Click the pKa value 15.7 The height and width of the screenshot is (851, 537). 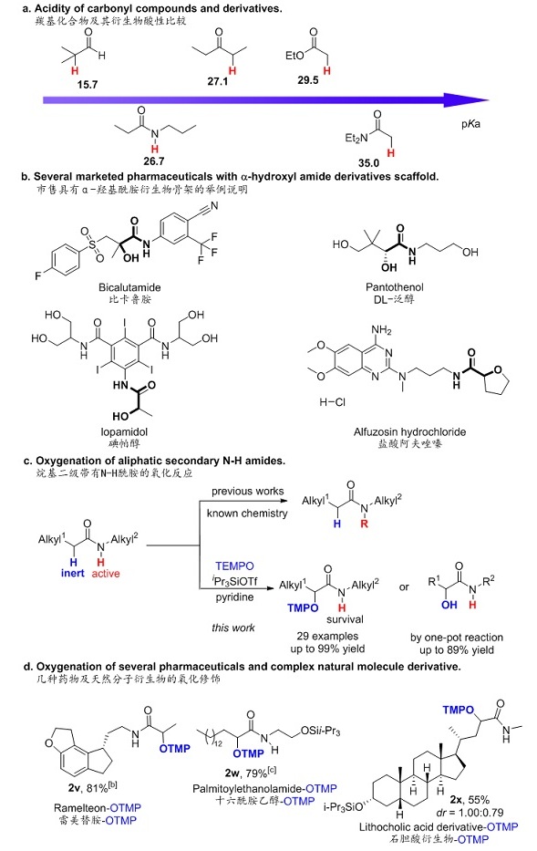pyautogui.click(x=87, y=85)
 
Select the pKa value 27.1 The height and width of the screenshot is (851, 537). pyautogui.click(x=218, y=81)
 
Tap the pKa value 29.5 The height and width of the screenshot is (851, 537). pyautogui.click(x=308, y=80)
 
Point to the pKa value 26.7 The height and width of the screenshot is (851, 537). pyautogui.click(x=154, y=161)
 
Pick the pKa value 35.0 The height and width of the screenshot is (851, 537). pyautogui.click(x=369, y=163)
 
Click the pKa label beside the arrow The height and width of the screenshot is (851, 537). pyautogui.click(x=470, y=124)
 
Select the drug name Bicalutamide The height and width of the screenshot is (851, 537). pyautogui.click(x=129, y=287)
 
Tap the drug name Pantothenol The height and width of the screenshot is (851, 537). pyautogui.click(x=395, y=287)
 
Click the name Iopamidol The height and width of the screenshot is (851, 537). pyautogui.click(x=124, y=432)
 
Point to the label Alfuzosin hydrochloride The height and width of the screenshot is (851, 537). pyautogui.click(x=409, y=432)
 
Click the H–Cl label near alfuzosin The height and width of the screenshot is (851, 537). pyautogui.click(x=332, y=402)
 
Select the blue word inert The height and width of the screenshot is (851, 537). pyautogui.click(x=73, y=574)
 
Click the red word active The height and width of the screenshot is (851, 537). pyautogui.click(x=106, y=574)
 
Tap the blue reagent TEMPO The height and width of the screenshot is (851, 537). pyautogui.click(x=234, y=566)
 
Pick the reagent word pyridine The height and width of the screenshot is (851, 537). pyautogui.click(x=234, y=597)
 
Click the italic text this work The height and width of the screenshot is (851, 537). pyautogui.click(x=232, y=628)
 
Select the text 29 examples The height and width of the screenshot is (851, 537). pyautogui.click(x=327, y=636)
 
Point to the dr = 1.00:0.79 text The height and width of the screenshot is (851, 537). pyautogui.click(x=470, y=813)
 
